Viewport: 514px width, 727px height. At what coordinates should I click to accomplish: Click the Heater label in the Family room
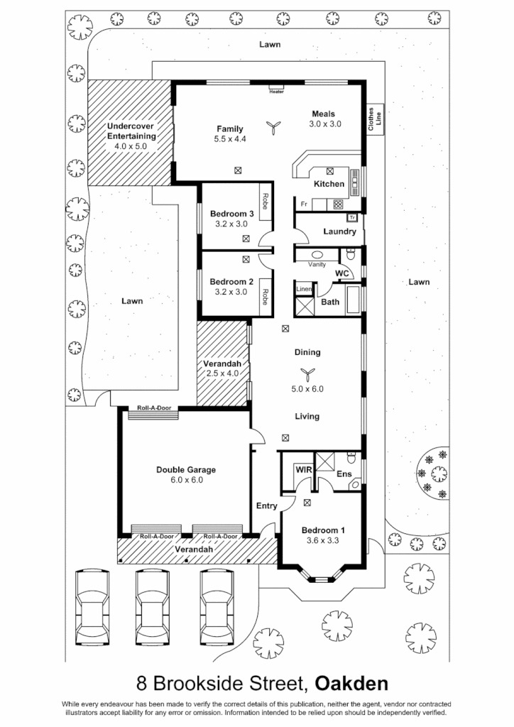[x=276, y=91]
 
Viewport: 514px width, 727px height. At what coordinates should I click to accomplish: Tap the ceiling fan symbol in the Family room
[x=272, y=127]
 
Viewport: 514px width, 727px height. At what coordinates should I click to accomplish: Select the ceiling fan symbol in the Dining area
[x=307, y=373]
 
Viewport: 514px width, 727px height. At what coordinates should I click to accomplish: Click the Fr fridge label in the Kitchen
[x=303, y=204]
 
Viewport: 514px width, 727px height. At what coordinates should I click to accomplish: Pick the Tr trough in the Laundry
[x=351, y=217]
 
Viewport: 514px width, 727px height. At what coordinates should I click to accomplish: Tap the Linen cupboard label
[x=304, y=289]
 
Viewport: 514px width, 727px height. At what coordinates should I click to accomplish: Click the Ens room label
[x=344, y=474]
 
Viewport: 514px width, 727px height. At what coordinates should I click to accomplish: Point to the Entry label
[x=266, y=505]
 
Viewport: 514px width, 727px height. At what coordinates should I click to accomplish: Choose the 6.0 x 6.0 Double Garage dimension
[x=185, y=480]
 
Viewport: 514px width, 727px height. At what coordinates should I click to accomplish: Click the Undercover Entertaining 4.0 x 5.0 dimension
[x=130, y=146]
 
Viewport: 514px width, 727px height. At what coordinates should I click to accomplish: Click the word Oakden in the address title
[x=351, y=684]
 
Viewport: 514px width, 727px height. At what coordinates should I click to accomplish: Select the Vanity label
[x=317, y=264]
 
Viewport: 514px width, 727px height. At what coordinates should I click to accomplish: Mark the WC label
[x=341, y=273]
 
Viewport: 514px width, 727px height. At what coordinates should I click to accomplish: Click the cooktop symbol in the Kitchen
[x=338, y=204]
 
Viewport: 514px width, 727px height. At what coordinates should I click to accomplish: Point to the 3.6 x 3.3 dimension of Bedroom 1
[x=323, y=540]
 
